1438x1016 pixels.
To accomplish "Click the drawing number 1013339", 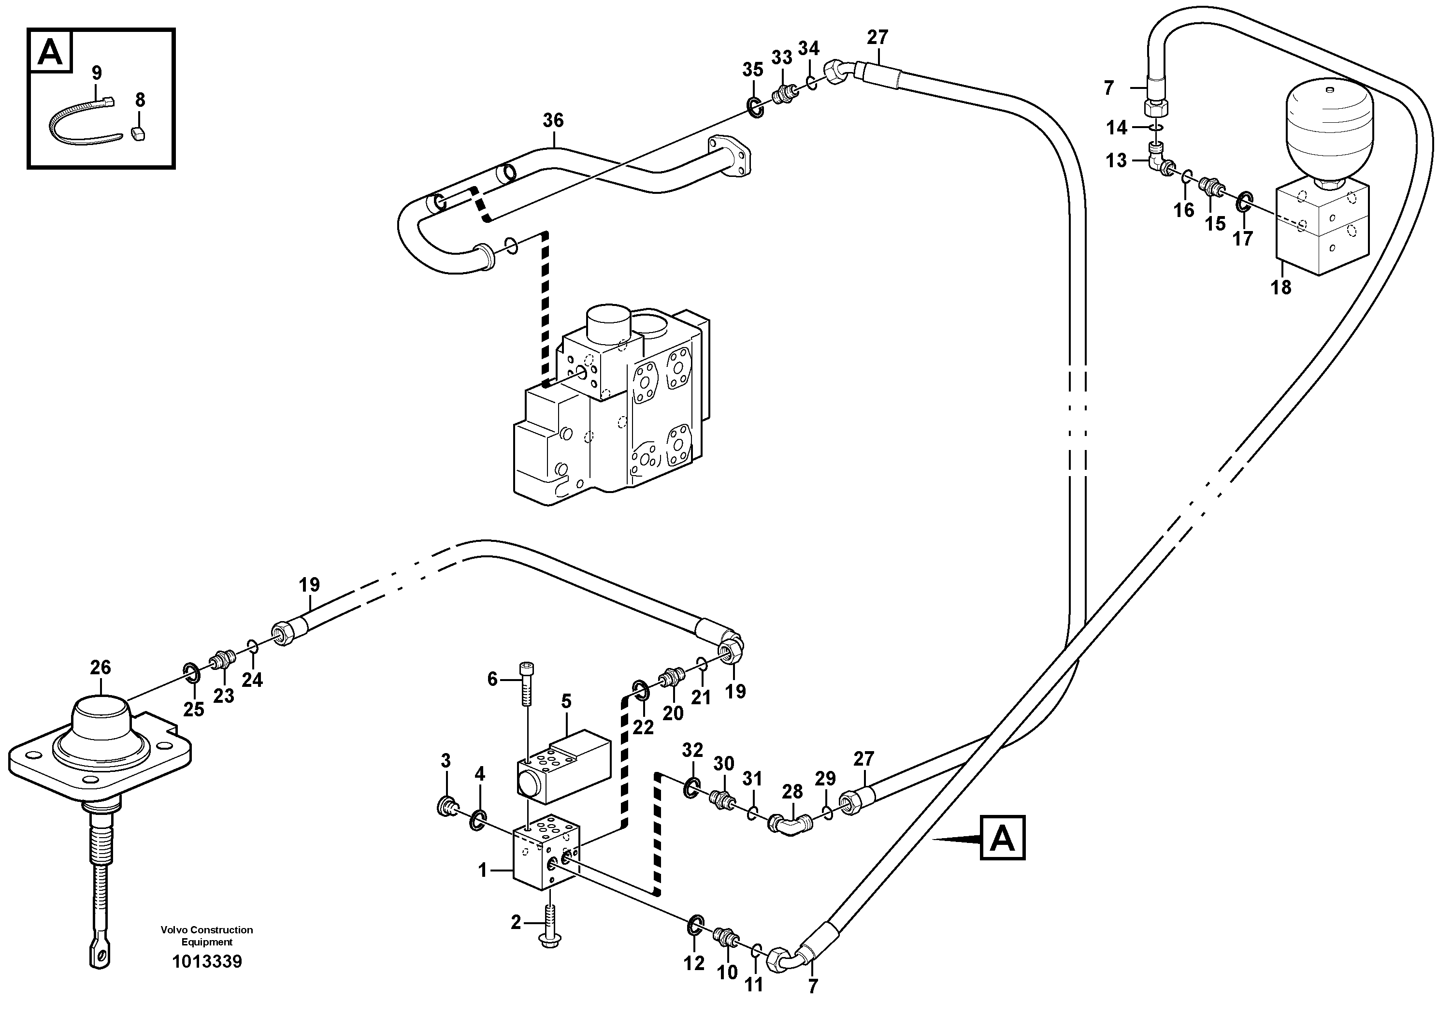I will [207, 961].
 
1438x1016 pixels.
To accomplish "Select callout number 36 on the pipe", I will [553, 120].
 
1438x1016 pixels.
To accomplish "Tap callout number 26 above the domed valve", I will [100, 667].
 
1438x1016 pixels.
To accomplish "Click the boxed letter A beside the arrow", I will [1002, 837].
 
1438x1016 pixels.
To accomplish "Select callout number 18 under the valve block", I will [1281, 287].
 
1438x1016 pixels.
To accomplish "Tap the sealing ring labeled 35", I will [756, 108].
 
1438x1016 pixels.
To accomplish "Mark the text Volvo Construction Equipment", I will [207, 936].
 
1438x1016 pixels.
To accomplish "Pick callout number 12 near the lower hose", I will [694, 963].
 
